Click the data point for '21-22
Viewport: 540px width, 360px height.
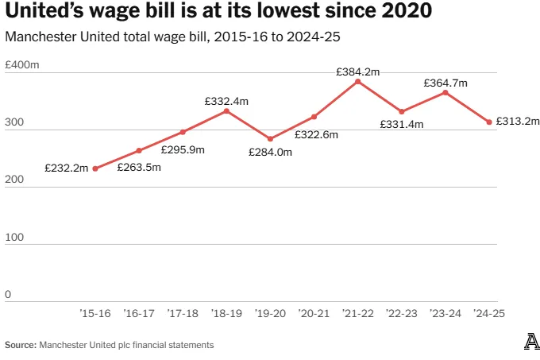click(x=358, y=81)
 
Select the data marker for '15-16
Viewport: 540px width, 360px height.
click(x=95, y=168)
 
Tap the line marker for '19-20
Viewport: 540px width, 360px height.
click(x=270, y=139)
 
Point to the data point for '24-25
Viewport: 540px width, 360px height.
click(x=489, y=122)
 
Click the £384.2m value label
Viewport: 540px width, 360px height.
click(x=358, y=71)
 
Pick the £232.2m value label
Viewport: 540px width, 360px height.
click(x=67, y=169)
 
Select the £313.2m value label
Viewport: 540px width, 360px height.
click(x=518, y=122)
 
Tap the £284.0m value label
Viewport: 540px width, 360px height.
click(x=270, y=152)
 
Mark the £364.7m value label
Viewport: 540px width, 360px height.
click(x=445, y=83)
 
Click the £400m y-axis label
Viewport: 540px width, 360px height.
click(x=22, y=65)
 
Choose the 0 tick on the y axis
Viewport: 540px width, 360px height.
click(x=8, y=295)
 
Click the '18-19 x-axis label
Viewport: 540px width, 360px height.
click(x=226, y=314)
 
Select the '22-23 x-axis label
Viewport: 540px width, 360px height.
click(x=402, y=314)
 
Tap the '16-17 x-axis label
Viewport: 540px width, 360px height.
click(x=139, y=314)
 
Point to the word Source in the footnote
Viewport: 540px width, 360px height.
click(x=21, y=345)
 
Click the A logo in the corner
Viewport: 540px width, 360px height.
click(x=531, y=343)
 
